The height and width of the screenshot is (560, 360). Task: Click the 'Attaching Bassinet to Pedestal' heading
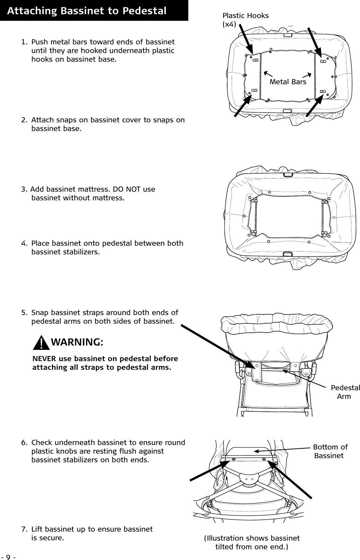point(87,11)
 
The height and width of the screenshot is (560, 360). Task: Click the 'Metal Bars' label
point(288,82)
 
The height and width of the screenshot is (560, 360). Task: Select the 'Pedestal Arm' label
point(345,392)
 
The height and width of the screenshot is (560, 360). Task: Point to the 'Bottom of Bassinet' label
point(330,451)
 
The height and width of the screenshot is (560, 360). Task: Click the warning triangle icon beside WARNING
point(42,343)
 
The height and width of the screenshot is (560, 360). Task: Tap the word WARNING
point(77,342)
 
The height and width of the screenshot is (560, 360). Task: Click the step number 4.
point(23,243)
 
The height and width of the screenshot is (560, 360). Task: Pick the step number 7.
point(23,530)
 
